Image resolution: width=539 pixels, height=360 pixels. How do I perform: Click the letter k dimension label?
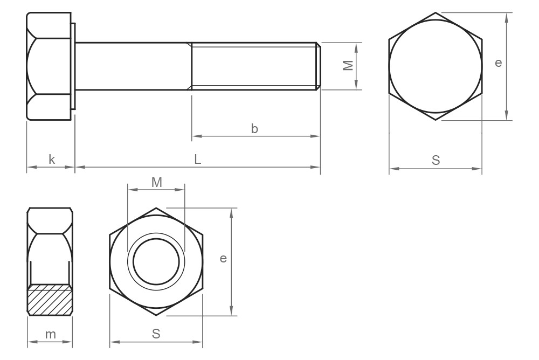click(52, 160)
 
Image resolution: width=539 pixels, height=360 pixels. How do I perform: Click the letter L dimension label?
click(198, 160)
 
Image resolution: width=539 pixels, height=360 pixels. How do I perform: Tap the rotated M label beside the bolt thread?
click(348, 65)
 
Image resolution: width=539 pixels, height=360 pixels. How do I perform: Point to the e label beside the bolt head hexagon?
click(498, 63)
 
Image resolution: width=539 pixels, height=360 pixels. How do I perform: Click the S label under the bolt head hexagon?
click(436, 160)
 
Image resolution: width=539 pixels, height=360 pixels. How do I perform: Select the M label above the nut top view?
click(156, 182)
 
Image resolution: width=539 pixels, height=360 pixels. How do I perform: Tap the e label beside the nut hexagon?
click(223, 259)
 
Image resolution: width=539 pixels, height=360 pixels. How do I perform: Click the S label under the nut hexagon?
click(156, 334)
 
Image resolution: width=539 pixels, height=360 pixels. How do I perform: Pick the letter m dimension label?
click(50, 334)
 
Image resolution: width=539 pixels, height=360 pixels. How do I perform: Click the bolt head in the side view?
click(49, 66)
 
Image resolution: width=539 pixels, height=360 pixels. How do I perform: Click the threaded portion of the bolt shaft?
click(253, 66)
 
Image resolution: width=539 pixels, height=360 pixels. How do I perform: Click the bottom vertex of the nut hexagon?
click(156, 315)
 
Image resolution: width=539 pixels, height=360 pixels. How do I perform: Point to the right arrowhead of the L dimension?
click(316, 168)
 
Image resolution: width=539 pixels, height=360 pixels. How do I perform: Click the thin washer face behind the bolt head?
click(73, 66)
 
